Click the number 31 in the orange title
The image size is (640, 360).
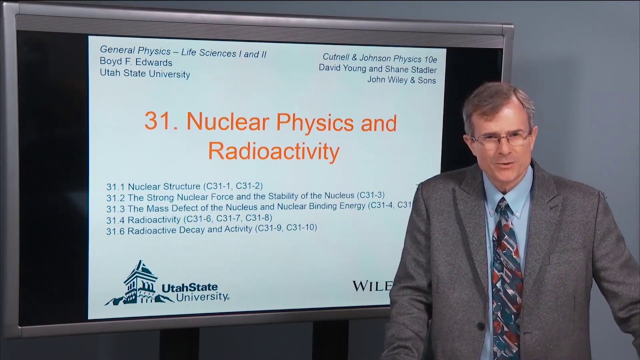[x=158, y=121]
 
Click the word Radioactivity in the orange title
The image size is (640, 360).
[x=273, y=150]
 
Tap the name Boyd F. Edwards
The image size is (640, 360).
[x=136, y=62]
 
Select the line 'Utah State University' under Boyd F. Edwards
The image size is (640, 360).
[x=145, y=74]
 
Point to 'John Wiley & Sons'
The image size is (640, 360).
[x=401, y=80]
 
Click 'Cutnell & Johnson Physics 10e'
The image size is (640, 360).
[x=379, y=57]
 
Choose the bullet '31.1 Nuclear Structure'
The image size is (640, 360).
[x=184, y=186]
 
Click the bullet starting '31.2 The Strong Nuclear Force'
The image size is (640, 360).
[x=245, y=196]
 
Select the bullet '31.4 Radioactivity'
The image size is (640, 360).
[x=189, y=218]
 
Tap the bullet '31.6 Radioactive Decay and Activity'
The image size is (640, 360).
[x=211, y=229]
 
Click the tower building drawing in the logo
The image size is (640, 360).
[x=140, y=282]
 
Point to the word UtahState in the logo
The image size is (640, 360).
[x=189, y=287]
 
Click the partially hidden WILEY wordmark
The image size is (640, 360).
[x=371, y=286]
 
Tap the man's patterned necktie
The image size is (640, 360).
[x=505, y=280]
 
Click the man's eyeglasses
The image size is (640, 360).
[x=501, y=138]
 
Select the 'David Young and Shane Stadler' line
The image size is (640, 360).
[x=377, y=69]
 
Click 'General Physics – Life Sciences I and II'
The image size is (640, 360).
[x=183, y=51]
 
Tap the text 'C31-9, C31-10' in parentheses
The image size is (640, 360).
[x=286, y=228]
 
